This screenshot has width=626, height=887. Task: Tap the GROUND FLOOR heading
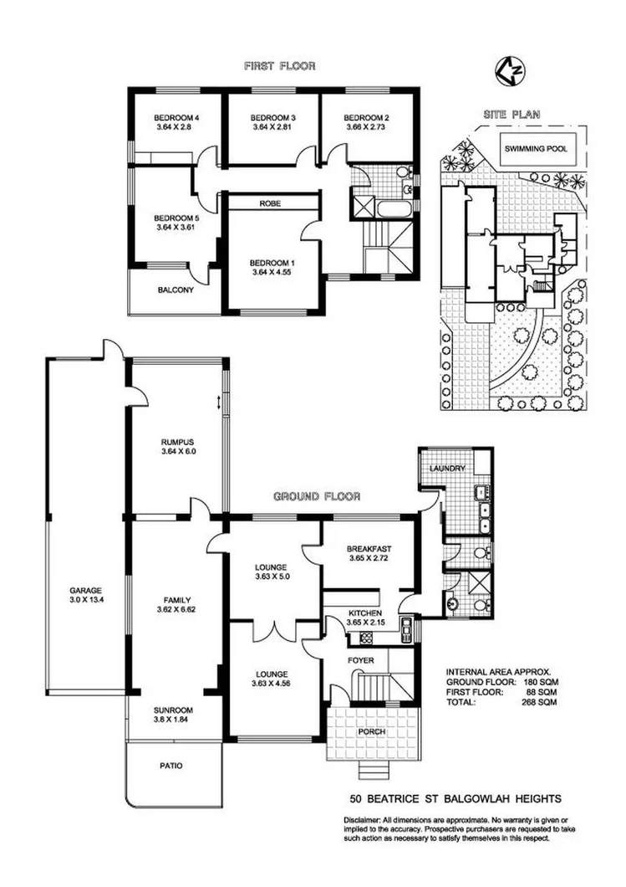click(x=317, y=496)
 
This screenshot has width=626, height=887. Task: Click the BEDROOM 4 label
click(x=174, y=117)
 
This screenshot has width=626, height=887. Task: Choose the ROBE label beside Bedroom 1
click(x=268, y=203)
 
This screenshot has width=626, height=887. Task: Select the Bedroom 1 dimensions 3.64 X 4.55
click(x=273, y=272)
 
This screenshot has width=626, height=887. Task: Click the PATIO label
click(x=170, y=765)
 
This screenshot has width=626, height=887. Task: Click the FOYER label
click(x=361, y=660)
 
